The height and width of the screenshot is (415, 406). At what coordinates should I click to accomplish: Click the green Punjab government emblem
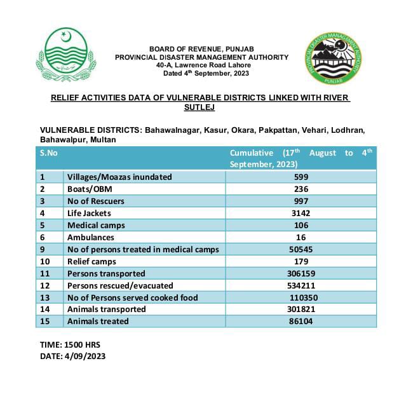click(x=66, y=55)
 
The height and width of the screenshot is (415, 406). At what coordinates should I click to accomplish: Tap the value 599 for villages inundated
click(x=301, y=177)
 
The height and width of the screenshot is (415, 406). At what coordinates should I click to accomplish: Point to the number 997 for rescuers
click(x=301, y=201)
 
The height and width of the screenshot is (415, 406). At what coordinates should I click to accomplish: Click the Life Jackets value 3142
click(x=301, y=214)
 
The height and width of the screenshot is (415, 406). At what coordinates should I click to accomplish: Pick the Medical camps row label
click(x=96, y=226)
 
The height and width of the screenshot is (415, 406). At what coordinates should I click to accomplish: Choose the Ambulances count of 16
click(x=301, y=238)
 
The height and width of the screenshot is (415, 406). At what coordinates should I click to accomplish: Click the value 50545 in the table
click(x=301, y=250)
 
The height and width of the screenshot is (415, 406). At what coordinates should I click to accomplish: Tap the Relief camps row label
click(x=92, y=261)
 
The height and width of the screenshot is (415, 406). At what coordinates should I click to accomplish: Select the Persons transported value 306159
click(x=301, y=273)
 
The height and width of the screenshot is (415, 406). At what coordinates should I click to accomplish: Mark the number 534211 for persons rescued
click(x=301, y=285)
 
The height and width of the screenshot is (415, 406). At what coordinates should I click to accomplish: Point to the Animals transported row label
click(x=107, y=310)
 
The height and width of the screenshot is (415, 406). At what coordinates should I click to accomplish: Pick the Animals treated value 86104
click(x=302, y=322)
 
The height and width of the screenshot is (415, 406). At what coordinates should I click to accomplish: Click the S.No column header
click(x=49, y=153)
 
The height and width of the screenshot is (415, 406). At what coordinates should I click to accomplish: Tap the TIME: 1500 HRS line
click(x=70, y=344)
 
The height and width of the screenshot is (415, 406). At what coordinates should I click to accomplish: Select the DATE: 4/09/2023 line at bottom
click(x=72, y=356)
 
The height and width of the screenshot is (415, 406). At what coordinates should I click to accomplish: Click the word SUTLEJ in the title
click(x=200, y=107)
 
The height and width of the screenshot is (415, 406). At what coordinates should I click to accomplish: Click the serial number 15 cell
click(x=44, y=322)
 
